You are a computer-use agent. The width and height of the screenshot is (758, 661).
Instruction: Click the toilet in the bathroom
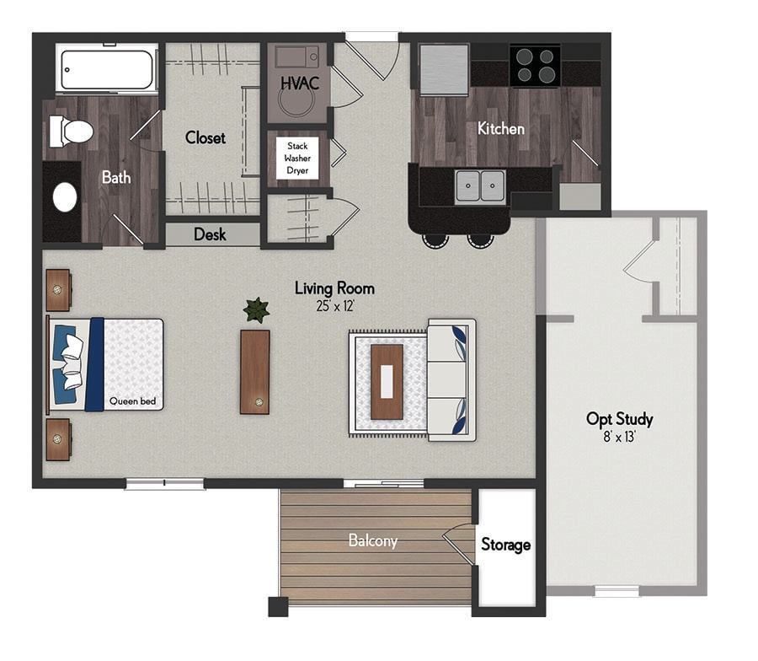71,132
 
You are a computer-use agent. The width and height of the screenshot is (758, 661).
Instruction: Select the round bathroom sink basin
65,197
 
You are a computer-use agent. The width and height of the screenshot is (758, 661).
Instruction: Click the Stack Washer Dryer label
297,159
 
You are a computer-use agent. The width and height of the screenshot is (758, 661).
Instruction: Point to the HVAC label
300,83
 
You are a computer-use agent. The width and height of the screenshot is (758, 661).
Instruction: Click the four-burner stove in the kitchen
535,67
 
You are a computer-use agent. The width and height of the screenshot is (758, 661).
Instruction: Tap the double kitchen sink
480,185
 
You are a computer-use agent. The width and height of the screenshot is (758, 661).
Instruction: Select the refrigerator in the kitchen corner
444,70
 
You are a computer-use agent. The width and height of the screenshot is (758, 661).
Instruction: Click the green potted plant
256,309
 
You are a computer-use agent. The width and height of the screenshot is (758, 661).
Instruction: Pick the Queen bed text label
132,400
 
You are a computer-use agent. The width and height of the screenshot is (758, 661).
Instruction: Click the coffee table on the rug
387,382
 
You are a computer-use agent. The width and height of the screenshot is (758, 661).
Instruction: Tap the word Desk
210,234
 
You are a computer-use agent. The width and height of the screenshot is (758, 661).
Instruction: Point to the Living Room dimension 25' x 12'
335,306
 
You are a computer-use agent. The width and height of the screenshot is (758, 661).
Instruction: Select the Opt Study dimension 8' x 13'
619,437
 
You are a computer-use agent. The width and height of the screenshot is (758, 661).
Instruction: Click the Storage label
505,545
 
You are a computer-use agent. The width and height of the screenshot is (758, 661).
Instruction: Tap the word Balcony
373,540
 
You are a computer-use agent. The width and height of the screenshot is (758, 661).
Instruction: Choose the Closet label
206,138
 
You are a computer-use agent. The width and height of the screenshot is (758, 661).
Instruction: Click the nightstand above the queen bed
58,290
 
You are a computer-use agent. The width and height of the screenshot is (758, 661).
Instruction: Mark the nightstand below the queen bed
58,439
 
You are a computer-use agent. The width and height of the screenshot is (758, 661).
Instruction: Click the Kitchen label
501,129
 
